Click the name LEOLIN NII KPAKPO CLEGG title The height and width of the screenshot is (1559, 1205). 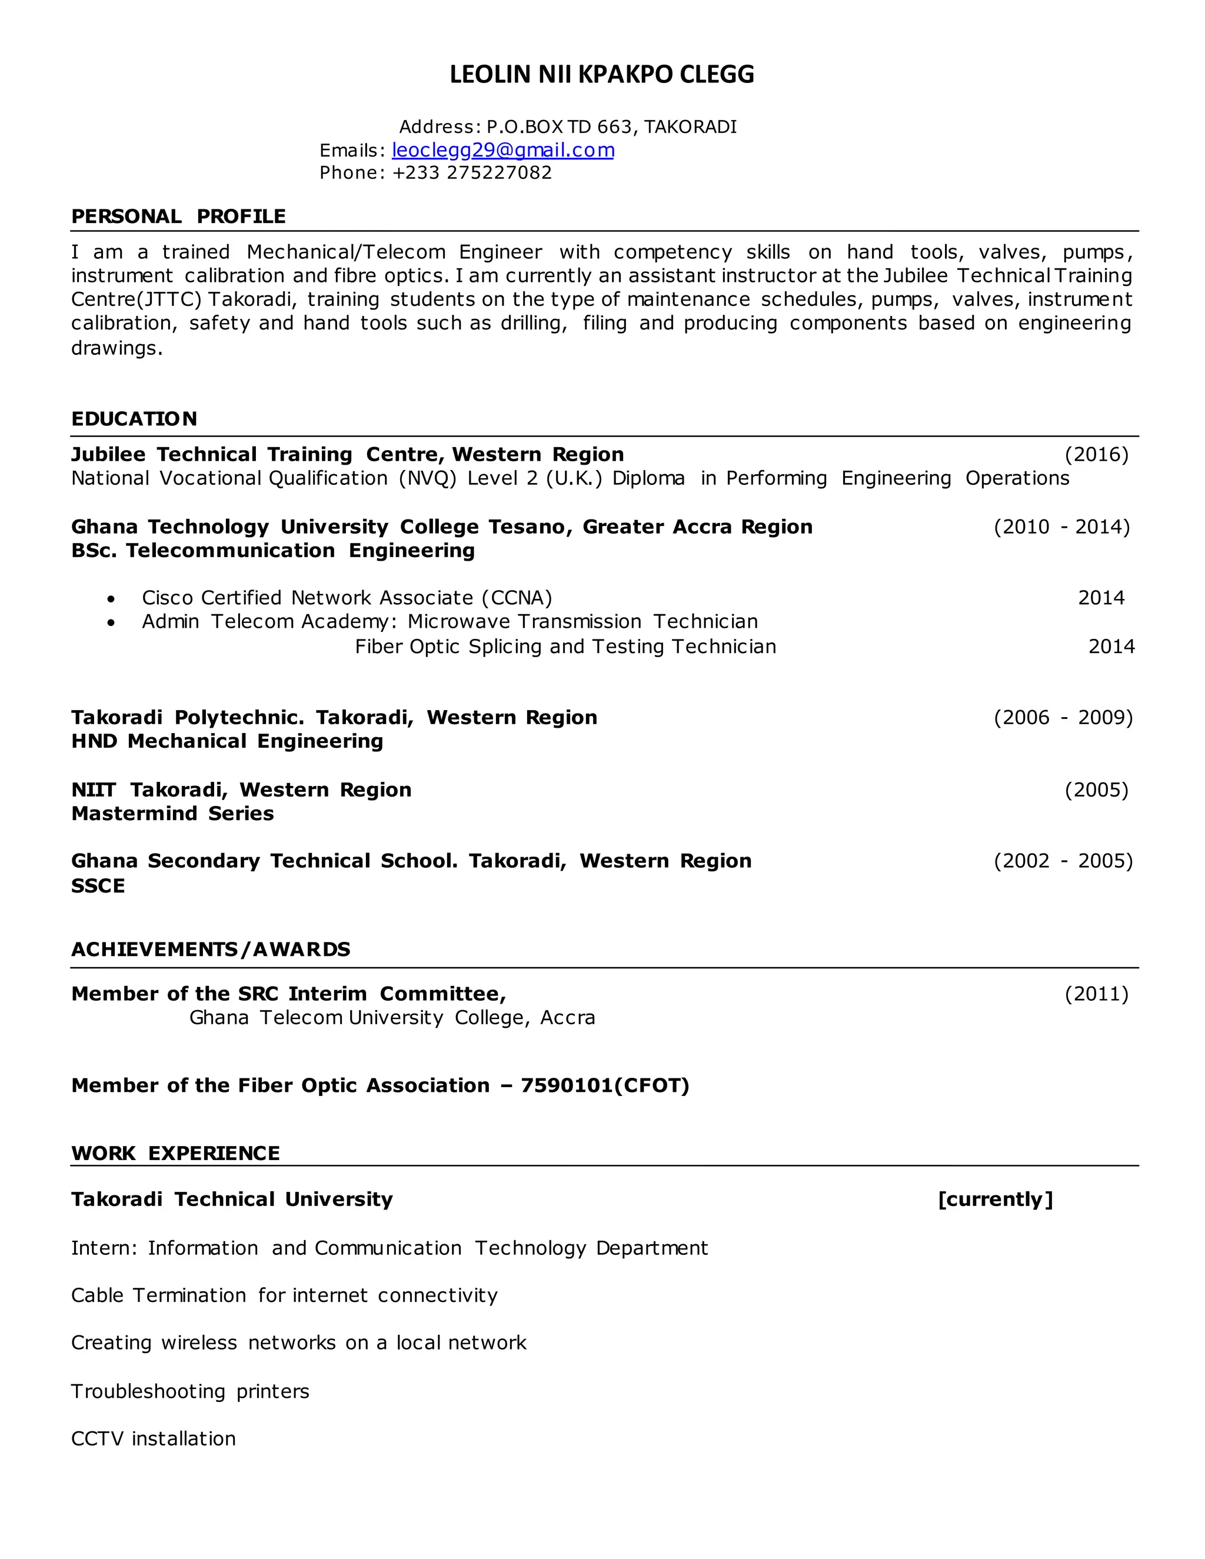click(602, 74)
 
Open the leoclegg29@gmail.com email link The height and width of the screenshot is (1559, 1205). click(502, 150)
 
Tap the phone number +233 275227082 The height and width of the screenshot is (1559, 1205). click(472, 173)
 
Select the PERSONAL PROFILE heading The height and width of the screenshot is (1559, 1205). click(178, 216)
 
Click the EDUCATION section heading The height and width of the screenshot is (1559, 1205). click(134, 419)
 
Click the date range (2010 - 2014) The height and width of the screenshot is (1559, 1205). click(1061, 527)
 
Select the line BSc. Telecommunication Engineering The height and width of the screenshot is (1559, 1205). click(272, 551)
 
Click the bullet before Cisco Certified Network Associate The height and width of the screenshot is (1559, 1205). click(111, 599)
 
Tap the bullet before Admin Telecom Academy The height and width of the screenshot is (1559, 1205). click(111, 623)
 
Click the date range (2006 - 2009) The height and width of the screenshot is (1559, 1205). click(1063, 717)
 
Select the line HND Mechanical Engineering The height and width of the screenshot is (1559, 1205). click(227, 741)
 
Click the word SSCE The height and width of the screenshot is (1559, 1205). click(98, 886)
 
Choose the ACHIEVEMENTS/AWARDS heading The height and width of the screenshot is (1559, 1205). click(211, 950)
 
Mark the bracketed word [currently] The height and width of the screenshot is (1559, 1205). click(995, 1199)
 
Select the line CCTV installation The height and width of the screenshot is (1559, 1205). click(154, 1438)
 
